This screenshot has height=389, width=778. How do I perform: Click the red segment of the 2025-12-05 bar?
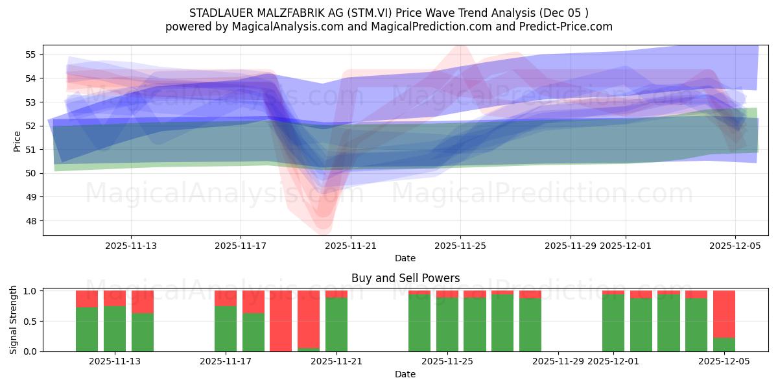tap(724, 314)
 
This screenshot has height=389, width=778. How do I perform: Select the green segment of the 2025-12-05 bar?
tap(724, 344)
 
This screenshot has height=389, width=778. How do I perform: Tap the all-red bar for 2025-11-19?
tap(281, 321)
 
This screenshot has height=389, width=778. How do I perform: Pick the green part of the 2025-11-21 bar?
tap(336, 324)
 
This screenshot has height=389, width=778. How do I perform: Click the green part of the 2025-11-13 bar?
tap(115, 329)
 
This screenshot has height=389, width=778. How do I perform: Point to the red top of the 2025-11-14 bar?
tap(143, 301)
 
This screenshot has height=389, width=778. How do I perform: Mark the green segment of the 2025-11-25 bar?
tap(447, 324)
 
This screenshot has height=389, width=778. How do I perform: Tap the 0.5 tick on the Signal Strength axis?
tap(30, 321)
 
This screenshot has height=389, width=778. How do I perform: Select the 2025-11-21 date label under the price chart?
tap(351, 246)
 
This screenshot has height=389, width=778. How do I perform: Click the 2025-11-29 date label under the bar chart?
tap(558, 361)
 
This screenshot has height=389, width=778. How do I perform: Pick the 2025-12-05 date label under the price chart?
tap(735, 246)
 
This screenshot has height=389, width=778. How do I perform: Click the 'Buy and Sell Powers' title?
tap(405, 278)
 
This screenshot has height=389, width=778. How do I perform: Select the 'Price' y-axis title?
tap(18, 141)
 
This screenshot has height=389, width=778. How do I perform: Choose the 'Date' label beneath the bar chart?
tap(405, 374)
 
